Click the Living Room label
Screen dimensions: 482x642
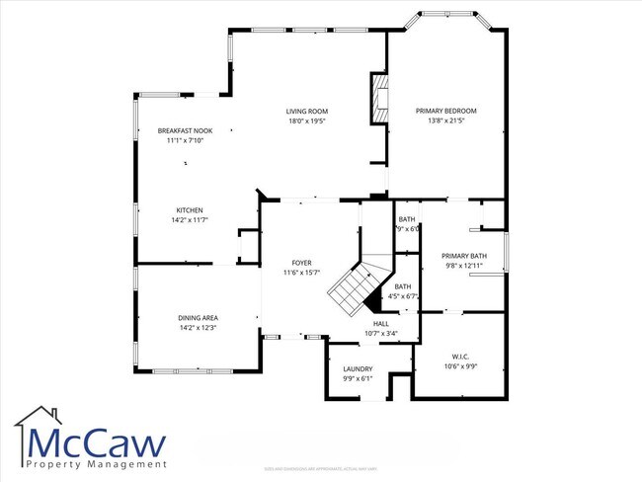click(307, 112)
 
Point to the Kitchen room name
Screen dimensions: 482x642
click(190, 210)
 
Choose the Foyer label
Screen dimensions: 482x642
click(301, 263)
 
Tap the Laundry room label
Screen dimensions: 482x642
click(358, 368)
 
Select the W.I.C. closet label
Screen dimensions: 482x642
click(460, 358)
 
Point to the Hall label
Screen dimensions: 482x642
click(381, 323)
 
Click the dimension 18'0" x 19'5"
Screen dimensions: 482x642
click(307, 121)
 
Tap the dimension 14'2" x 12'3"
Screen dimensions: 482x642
click(198, 328)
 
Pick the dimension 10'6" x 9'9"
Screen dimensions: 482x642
click(460, 367)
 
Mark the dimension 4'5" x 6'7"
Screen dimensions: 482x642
click(405, 295)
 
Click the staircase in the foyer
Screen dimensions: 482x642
click(351, 287)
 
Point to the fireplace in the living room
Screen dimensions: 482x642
click(376, 99)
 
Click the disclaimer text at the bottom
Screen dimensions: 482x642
click(320, 468)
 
